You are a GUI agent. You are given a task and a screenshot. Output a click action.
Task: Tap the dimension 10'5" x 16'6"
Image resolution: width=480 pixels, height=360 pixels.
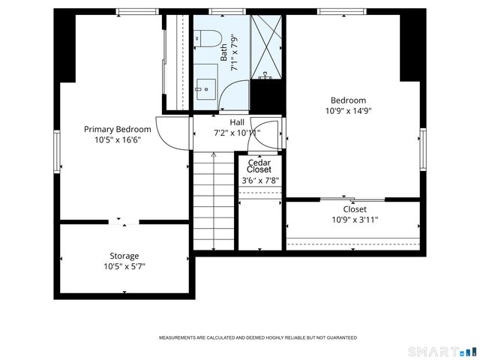coord(118,139)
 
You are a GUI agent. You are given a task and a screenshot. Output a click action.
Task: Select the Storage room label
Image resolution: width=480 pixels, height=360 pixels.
coord(124,256)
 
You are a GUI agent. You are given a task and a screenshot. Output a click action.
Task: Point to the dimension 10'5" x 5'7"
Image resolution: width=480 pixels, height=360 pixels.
coord(124,266)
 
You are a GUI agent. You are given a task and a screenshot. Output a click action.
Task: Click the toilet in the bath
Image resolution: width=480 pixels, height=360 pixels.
coord(208,38)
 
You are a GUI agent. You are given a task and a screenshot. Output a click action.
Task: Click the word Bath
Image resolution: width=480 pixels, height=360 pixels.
coord(223,52)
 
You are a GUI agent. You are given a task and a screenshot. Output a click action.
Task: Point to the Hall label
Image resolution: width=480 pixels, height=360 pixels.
coord(237,122)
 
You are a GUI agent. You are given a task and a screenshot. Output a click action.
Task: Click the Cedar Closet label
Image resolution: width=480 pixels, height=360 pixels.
coord(259,166)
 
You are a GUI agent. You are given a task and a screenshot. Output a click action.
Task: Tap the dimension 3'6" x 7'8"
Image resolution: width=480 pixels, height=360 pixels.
coord(260,180)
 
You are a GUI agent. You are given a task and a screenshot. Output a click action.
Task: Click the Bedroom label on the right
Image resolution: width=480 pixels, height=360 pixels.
coord(348,100)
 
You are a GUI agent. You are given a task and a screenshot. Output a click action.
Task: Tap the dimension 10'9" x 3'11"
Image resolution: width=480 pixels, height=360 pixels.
coord(355,220)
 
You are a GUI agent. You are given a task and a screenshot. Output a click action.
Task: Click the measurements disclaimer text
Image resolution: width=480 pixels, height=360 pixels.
coord(257,338)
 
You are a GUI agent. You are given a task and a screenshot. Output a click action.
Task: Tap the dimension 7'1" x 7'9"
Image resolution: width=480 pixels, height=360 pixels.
coord(235,52)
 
